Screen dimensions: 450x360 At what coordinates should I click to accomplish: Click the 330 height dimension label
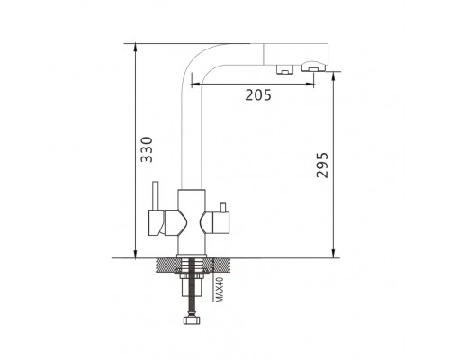coord(147,149)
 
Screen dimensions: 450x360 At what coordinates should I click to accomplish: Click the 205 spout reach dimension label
coord(258,95)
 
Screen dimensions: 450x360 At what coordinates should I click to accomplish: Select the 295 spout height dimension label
coord(322,166)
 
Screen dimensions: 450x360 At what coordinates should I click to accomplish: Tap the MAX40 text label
coord(220,290)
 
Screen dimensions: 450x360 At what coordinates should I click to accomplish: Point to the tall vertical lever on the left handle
coord(156,196)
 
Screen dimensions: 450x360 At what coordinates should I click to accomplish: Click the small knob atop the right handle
coord(222,207)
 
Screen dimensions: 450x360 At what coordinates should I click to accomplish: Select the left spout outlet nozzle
coord(283,69)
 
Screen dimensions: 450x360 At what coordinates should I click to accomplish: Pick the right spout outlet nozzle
coord(314,67)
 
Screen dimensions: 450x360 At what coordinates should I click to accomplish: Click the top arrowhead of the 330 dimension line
coord(136,47)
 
